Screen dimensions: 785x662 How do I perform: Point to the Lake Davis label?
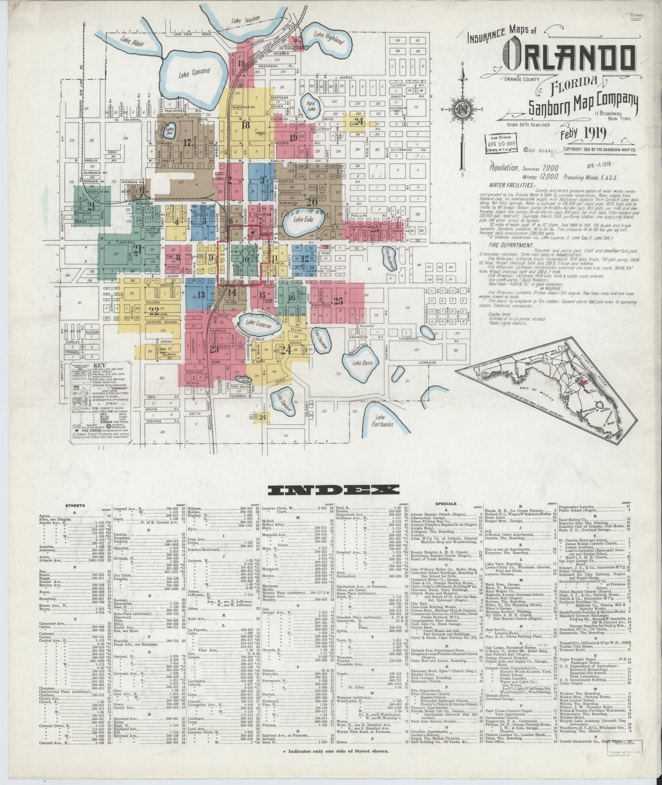coord(362,363)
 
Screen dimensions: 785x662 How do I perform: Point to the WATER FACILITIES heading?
coord(511,185)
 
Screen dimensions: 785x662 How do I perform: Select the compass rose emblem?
coord(463,109)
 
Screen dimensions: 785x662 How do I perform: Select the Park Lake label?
coord(311,107)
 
